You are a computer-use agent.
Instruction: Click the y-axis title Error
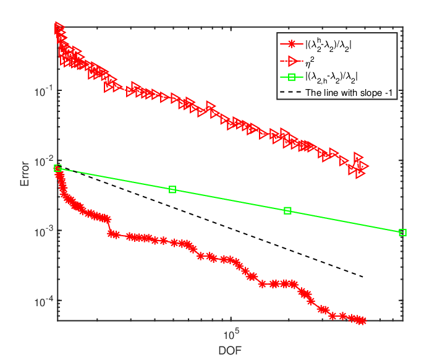pyautogui.click(x=25, y=174)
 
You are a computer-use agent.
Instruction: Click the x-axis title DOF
pyautogui.click(x=230, y=351)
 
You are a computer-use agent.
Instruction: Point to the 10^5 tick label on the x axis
pyautogui.click(x=231, y=335)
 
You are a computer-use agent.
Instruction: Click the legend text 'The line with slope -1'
pyautogui.click(x=349, y=93)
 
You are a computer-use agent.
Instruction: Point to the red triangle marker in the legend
pyautogui.click(x=292, y=61)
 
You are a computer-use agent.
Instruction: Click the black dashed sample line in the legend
pyautogui.click(x=290, y=92)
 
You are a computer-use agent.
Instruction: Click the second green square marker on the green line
pyautogui.click(x=172, y=189)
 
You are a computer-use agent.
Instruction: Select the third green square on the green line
pyautogui.click(x=287, y=210)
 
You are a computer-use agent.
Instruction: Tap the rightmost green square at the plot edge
pyautogui.click(x=403, y=233)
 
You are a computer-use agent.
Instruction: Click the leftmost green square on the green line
pyautogui.click(x=57, y=168)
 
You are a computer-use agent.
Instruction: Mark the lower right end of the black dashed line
pyautogui.click(x=363, y=276)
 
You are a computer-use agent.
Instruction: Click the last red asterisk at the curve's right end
pyautogui.click(x=362, y=321)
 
